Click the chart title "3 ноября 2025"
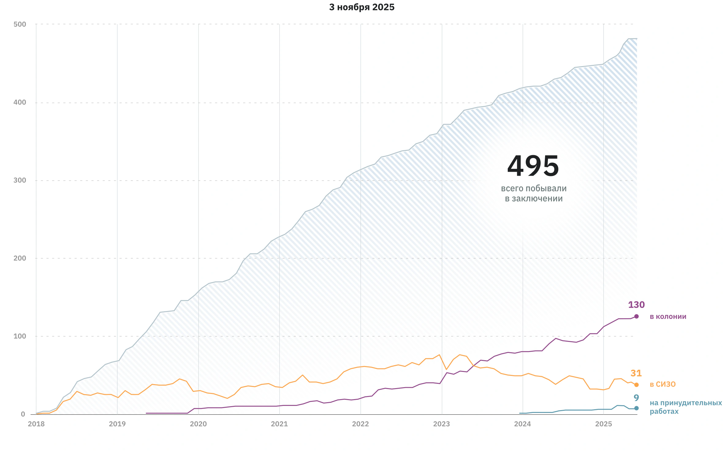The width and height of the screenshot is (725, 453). [362, 7]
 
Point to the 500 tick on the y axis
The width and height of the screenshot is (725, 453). [20, 24]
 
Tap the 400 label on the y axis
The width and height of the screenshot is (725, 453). [20, 102]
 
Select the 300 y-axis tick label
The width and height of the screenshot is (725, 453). [20, 180]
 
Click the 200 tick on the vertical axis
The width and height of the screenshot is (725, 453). [20, 258]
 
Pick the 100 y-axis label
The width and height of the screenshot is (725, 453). [20, 336]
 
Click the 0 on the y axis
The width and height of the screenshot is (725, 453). [23, 414]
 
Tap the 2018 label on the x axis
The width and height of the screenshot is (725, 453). [36, 424]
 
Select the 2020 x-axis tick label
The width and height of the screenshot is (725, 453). [198, 424]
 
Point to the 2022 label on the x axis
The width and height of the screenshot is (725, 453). [360, 424]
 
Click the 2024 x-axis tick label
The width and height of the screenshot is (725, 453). [522, 424]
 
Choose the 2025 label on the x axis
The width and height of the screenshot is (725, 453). [603, 424]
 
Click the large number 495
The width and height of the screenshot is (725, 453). [533, 166]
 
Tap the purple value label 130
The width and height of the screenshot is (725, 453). [636, 305]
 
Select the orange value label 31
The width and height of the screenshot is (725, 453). [636, 373]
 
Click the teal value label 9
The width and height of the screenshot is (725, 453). [636, 398]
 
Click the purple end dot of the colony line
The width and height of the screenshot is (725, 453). [636, 316]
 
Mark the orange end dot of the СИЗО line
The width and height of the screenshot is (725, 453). [636, 385]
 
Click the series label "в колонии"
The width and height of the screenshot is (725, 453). [668, 316]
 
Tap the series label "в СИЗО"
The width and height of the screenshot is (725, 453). [662, 384]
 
